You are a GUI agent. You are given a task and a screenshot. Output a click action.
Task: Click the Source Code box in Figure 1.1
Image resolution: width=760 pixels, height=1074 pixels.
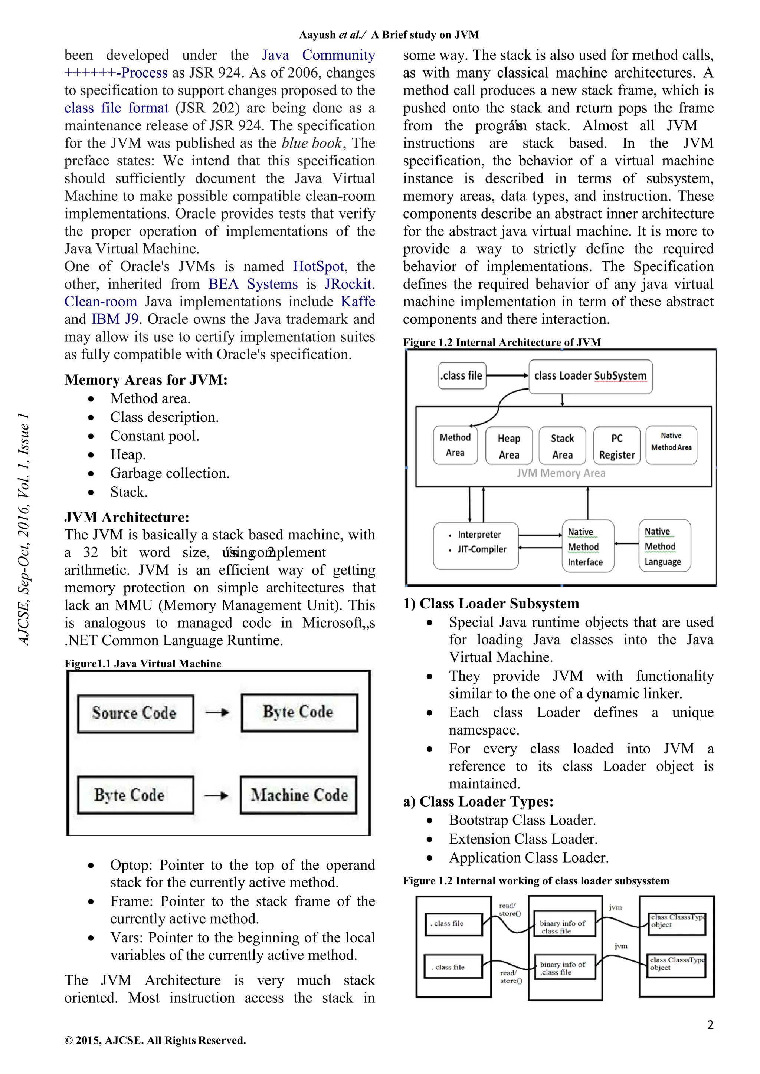coord(135,713)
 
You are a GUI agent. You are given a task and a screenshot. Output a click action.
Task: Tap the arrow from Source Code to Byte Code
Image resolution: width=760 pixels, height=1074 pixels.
coord(217,712)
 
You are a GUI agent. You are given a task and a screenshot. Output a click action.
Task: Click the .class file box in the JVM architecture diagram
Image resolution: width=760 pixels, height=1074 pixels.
coord(462,375)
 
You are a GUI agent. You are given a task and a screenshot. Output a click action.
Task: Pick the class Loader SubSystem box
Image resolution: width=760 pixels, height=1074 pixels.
coord(590,376)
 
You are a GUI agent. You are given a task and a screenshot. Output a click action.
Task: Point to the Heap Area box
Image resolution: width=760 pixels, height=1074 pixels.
coord(509,446)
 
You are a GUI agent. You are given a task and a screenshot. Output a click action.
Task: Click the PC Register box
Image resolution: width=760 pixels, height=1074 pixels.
coord(616,446)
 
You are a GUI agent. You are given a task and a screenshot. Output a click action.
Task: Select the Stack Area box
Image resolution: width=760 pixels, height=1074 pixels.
coord(562,446)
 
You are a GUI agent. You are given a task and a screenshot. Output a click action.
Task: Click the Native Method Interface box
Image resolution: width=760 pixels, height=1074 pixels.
coord(587,546)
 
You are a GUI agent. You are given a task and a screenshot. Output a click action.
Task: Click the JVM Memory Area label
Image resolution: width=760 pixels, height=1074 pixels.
coord(561,473)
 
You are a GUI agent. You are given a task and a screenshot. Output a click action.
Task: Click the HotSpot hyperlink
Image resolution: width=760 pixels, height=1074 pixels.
coord(318,266)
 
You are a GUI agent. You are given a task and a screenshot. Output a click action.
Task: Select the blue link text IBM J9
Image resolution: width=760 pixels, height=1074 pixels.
coord(115,319)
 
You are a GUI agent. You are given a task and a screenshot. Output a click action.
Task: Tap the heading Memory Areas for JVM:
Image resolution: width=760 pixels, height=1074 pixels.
coord(146,380)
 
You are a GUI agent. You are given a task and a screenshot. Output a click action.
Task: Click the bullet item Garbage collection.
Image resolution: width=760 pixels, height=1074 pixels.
coord(170,473)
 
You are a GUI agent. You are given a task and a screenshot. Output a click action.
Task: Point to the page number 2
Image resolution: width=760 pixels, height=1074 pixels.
coord(710,1025)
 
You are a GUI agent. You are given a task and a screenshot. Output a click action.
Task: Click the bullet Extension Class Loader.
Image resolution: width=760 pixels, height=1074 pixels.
coord(523,839)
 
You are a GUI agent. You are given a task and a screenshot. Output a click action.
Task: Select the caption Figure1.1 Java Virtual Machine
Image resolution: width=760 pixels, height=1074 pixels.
coord(143,663)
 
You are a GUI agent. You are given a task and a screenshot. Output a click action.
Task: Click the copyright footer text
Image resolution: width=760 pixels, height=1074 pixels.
coord(155,1040)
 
